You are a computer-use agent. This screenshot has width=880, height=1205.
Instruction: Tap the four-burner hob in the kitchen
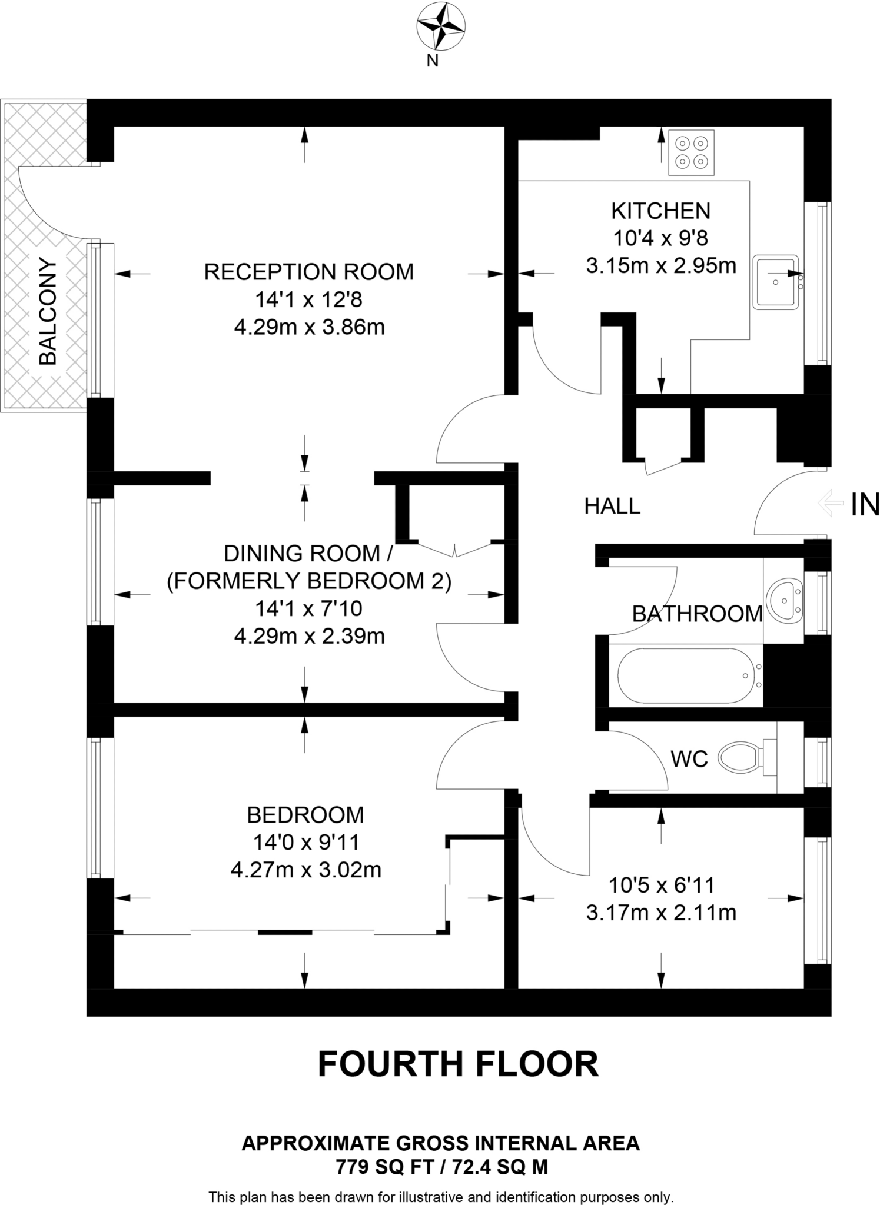click(691, 152)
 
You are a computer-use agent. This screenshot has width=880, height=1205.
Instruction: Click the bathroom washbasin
click(785, 601)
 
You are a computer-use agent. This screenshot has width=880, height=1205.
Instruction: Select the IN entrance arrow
click(830, 504)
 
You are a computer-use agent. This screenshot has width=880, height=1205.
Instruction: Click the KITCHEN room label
click(660, 211)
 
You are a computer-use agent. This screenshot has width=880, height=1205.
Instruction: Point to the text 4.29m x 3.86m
click(309, 327)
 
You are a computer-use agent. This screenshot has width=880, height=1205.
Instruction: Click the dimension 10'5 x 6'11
click(661, 885)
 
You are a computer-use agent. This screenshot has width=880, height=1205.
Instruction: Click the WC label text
click(689, 759)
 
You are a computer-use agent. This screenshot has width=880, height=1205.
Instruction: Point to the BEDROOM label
click(305, 815)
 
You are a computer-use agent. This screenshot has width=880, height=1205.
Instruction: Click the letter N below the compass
click(433, 61)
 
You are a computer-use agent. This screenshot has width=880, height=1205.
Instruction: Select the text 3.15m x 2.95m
click(660, 266)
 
